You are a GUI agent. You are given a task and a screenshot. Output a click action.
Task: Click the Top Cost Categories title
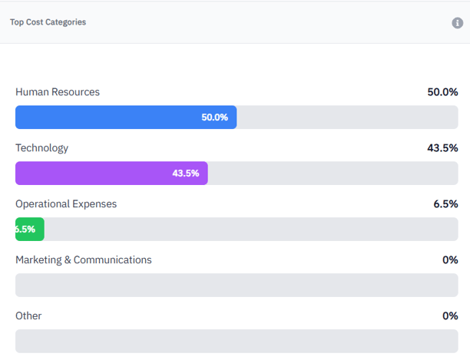(48, 22)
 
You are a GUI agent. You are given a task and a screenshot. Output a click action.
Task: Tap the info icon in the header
(458, 23)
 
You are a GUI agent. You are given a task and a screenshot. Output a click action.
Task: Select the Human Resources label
(58, 92)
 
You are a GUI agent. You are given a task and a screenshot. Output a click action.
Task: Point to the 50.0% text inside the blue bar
(214, 117)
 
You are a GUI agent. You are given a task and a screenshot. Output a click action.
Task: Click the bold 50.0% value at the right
(442, 92)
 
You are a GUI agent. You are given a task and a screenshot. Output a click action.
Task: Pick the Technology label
(41, 148)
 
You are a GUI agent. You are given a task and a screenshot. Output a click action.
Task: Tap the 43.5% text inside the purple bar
(185, 173)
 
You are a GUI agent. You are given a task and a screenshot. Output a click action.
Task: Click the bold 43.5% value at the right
(442, 148)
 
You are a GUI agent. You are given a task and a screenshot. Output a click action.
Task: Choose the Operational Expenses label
(66, 204)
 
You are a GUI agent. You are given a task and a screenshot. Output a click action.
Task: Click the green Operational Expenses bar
(30, 230)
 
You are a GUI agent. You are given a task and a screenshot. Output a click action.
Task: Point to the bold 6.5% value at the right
(445, 204)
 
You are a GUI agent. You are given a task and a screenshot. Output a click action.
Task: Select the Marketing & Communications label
(84, 260)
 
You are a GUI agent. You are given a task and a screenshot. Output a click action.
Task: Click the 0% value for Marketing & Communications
(450, 260)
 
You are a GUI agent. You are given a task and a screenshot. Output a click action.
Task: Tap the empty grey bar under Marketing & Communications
(237, 286)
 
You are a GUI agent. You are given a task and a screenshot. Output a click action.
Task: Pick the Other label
(28, 316)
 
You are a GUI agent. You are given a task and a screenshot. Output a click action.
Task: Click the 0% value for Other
(450, 316)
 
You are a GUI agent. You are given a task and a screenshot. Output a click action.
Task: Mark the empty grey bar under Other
(237, 341)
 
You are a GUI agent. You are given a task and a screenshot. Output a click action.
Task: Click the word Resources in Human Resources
(75, 92)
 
